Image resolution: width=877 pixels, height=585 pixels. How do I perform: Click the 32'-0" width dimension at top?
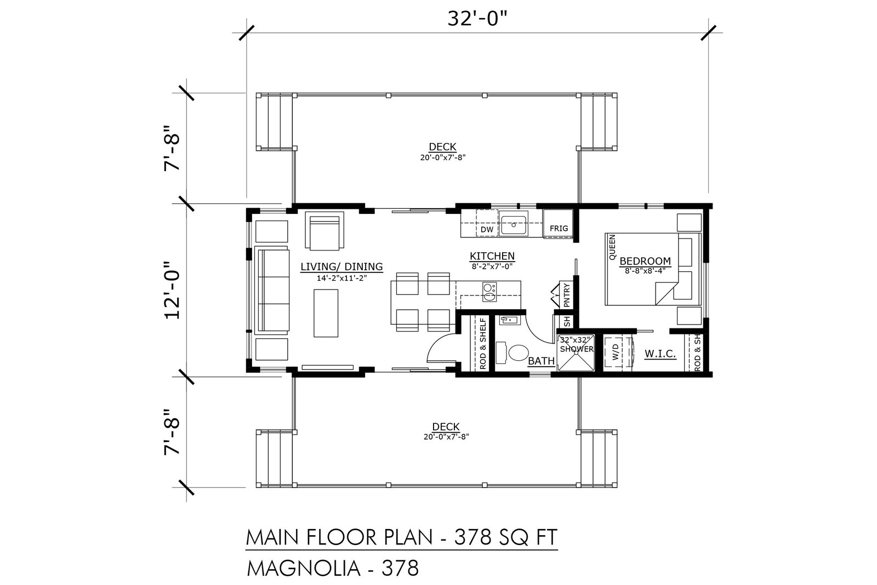477,19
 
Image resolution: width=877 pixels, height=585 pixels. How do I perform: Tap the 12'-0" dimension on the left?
172,290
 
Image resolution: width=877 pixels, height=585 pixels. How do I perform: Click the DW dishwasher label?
487,230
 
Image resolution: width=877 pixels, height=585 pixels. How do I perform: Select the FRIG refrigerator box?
558,223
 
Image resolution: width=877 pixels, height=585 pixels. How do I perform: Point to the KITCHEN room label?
492,256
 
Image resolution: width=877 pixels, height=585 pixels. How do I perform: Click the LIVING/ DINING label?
341,266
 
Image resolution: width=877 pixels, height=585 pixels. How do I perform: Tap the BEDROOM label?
645,261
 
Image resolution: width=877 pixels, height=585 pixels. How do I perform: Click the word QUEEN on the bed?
612,247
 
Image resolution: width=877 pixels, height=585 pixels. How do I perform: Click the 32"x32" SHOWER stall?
576,352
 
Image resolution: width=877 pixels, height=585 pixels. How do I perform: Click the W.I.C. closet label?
660,354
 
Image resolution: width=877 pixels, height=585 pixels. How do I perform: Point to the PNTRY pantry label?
567,295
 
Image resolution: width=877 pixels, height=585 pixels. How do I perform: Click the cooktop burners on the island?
489,292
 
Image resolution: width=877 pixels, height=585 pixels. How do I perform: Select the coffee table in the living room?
326,313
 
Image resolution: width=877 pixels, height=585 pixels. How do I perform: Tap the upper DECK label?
442,147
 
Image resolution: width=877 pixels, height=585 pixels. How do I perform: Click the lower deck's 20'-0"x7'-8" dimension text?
446,436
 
